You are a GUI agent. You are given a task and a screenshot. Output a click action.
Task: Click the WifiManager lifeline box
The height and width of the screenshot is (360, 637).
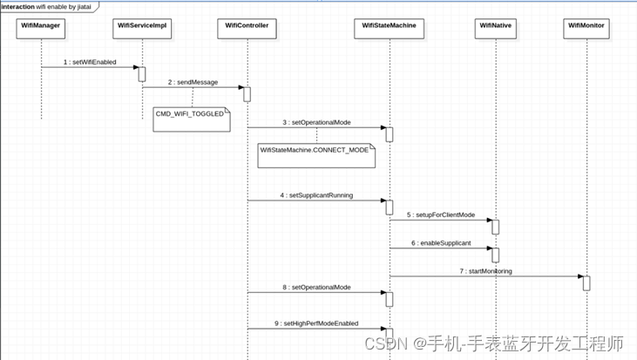click(41, 26)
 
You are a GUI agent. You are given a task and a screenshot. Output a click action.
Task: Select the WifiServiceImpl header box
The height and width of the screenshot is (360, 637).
click(142, 26)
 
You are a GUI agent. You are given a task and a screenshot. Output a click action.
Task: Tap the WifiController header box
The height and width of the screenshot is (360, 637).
click(247, 26)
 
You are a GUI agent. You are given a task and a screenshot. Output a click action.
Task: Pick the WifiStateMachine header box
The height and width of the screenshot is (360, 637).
click(389, 26)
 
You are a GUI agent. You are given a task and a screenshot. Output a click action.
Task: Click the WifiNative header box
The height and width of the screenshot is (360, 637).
click(495, 26)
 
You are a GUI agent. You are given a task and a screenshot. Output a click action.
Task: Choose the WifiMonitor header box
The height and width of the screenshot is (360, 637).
click(586, 26)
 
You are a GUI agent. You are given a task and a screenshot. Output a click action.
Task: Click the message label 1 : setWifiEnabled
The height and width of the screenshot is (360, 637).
click(90, 63)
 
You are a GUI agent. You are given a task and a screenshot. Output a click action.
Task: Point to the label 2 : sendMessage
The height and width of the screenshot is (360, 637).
click(193, 83)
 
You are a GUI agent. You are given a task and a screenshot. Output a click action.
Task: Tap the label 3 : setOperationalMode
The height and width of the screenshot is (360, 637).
click(316, 123)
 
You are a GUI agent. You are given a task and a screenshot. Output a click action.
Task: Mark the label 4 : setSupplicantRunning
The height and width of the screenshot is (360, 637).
click(316, 196)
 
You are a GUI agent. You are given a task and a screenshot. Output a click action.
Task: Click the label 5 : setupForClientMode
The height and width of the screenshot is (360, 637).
click(440, 214)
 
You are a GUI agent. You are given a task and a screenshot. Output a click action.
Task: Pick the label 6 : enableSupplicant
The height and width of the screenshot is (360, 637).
click(439, 243)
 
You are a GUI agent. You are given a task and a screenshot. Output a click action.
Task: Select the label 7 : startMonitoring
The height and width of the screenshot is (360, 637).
click(485, 271)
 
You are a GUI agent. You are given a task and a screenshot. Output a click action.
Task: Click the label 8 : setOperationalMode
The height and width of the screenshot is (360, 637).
click(316, 287)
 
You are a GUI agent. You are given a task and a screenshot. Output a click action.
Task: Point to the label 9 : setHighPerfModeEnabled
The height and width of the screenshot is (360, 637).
click(316, 323)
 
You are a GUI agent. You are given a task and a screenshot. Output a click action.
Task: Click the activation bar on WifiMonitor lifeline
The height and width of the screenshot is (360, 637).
click(586, 283)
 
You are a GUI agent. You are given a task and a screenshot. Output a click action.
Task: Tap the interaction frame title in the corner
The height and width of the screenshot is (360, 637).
click(49, 6)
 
